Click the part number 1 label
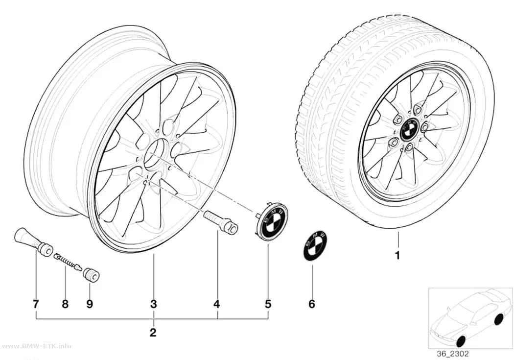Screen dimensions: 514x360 coord(397,255)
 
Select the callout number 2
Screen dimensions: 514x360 coord(153,333)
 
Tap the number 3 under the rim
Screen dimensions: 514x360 coord(153,304)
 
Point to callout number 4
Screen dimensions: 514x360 coord(217,304)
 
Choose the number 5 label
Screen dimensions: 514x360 coord(268,304)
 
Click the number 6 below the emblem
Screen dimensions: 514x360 coord(312,304)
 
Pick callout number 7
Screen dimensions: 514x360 coord(36,304)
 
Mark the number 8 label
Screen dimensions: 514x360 coord(65,304)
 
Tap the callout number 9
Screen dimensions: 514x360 coord(90,304)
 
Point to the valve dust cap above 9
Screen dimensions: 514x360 coord(92,274)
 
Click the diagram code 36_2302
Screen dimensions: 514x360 coord(453,354)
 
